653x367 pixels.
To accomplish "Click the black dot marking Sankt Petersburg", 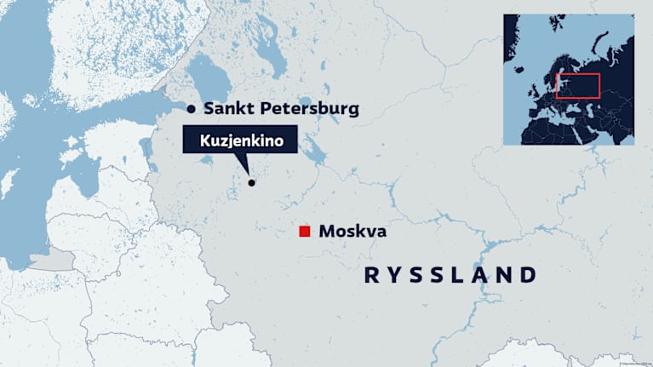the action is click(192, 109).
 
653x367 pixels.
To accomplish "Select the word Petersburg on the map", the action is click(312, 109).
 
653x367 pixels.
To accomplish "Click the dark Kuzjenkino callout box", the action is click(240, 140).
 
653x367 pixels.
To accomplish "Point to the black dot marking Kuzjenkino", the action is click(251, 182).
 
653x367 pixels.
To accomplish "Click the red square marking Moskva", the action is click(304, 232).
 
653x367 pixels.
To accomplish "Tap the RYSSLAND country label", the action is click(451, 275).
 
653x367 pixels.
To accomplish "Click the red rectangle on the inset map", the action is click(578, 85).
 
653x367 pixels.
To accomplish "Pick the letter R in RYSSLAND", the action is click(371, 275).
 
